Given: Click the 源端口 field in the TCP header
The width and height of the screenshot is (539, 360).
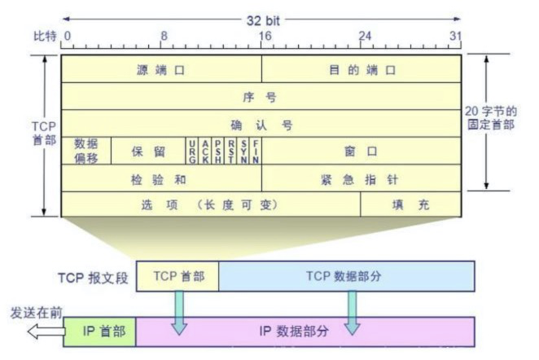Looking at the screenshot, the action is point(161,70).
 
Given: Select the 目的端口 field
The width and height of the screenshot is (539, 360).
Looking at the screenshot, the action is point(362,70).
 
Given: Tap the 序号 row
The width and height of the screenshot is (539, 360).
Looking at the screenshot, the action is point(261,97).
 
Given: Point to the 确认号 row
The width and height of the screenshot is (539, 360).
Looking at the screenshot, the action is point(261,125).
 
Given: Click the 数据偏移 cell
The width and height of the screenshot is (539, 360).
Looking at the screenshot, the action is point(85,151).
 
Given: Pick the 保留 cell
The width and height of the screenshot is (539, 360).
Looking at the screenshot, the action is point(148,151).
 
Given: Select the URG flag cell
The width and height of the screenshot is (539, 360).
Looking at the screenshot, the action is point(191,151).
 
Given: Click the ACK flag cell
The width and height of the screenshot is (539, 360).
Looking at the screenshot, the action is point(205,151).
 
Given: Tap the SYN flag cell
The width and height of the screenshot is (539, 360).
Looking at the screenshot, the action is point(243,151).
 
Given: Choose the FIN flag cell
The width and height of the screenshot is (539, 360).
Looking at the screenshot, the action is point(256,151).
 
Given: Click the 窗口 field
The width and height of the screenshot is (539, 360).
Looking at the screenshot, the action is point(362,151).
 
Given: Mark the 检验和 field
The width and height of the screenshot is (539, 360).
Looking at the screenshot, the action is point(161,178).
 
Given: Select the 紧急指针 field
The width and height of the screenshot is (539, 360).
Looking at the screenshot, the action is point(362,178).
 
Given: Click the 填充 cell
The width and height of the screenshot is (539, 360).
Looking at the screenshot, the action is point(411,204).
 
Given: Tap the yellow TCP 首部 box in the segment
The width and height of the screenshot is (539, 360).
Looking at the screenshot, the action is point(177,276).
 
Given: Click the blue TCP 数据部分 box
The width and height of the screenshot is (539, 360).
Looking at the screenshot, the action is point(347,276).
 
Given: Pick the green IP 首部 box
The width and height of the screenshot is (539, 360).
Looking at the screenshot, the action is point(99,331).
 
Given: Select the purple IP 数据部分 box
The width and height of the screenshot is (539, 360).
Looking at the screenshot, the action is point(305,331).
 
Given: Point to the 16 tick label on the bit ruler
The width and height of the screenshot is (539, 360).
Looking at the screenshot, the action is point(264,36).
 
